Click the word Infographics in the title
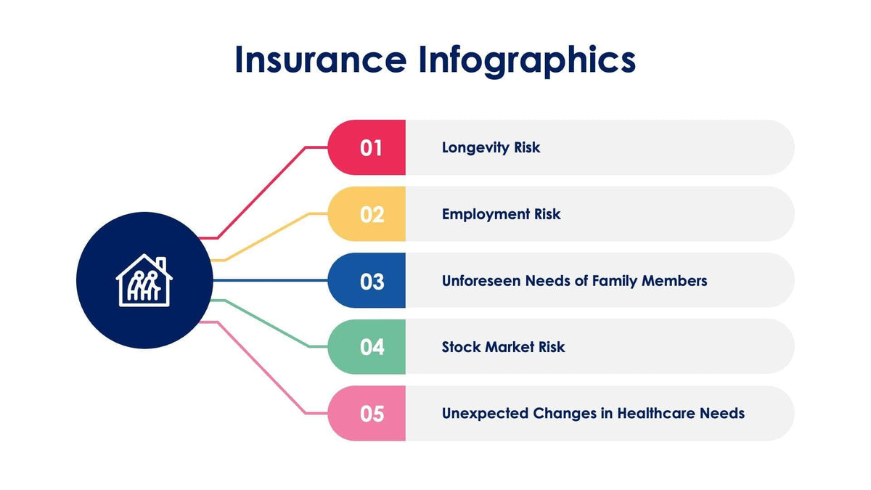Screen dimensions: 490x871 click(x=526, y=60)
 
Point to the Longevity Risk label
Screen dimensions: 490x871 click(x=491, y=147)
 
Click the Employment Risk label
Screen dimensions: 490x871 click(x=501, y=214)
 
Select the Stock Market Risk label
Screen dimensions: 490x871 click(x=503, y=347)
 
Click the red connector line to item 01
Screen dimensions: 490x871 click(x=261, y=192)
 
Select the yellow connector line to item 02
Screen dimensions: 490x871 click(x=269, y=236)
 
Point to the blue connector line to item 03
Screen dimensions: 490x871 click(x=269, y=280)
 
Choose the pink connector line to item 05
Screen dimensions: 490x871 click(x=261, y=367)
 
